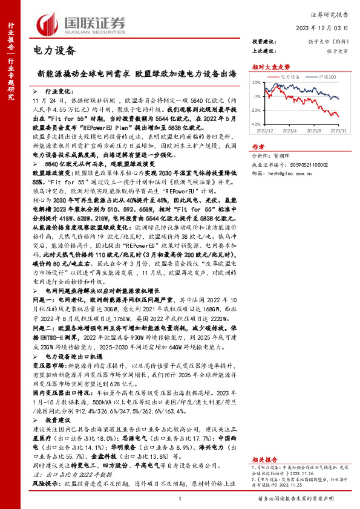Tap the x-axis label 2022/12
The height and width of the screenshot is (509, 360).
pos(266,129)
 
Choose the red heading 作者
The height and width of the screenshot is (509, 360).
pos(258,146)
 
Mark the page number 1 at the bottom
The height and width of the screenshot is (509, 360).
pos(180,498)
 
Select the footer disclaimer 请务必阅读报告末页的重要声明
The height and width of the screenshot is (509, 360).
pos(304,498)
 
